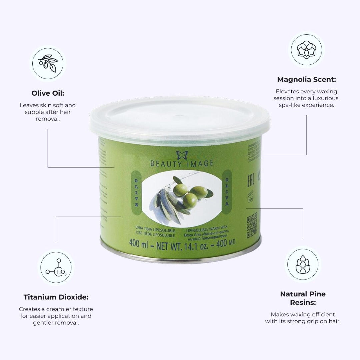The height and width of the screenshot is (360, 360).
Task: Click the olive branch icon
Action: pyautogui.click(x=49, y=63)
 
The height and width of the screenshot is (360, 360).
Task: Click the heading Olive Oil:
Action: pyautogui.click(x=48, y=93)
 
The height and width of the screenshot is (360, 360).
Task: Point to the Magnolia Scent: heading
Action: pyautogui.click(x=306, y=80)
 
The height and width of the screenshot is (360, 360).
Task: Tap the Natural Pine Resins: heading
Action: pyautogui.click(x=303, y=298)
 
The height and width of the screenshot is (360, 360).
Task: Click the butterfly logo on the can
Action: pyautogui.click(x=182, y=155)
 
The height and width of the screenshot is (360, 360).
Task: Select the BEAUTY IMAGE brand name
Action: pyautogui.click(x=182, y=164)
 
